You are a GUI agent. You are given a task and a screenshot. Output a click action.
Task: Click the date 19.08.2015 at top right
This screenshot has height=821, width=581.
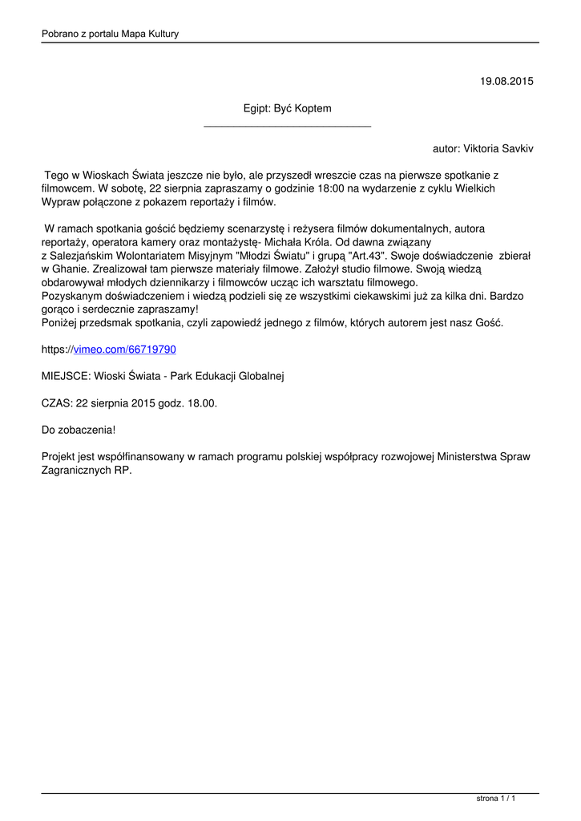(506, 81)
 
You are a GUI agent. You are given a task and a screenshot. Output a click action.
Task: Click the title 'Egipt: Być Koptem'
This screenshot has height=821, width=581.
(287, 107)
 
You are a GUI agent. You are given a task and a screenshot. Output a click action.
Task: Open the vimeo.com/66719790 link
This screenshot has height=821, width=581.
(124, 350)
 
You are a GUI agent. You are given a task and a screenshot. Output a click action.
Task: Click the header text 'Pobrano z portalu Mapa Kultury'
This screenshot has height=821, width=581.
(110, 34)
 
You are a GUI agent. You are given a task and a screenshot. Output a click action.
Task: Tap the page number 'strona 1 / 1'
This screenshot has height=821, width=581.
(496, 799)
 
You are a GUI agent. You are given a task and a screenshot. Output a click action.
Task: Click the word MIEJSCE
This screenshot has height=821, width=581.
(66, 376)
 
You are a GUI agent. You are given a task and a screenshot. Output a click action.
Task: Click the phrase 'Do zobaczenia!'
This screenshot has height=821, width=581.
(79, 431)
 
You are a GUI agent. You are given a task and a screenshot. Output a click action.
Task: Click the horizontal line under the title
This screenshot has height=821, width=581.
(287, 126)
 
